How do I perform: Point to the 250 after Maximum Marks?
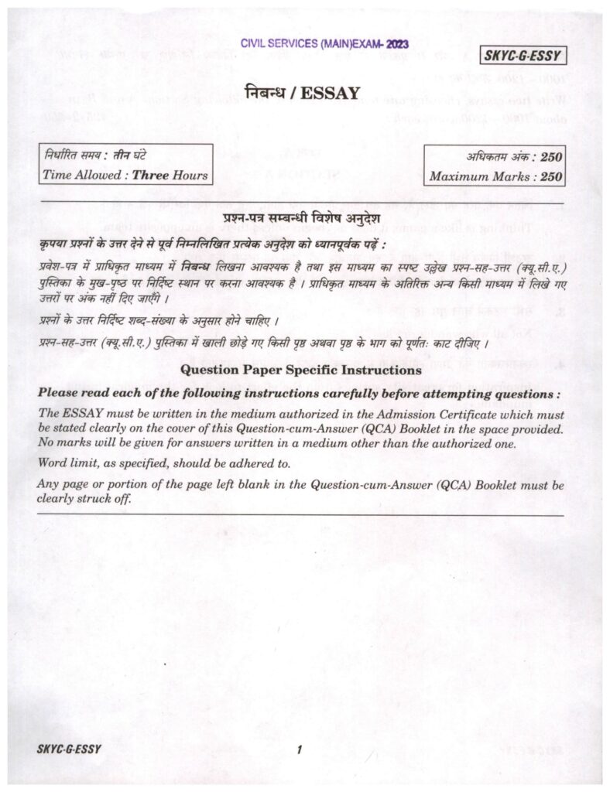[x=551, y=176]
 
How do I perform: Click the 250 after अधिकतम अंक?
[x=551, y=157]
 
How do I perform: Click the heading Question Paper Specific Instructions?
[x=300, y=370]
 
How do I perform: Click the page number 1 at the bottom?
[x=298, y=749]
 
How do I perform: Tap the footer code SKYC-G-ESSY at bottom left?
[x=69, y=749]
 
